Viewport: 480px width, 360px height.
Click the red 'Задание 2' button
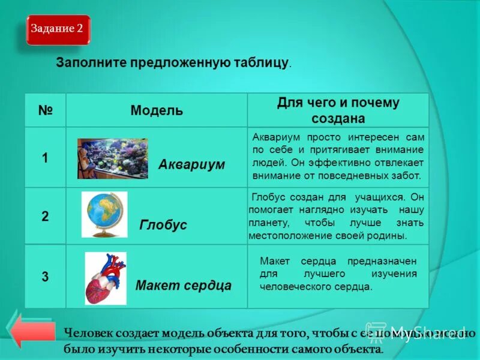58,29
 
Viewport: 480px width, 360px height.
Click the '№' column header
46,110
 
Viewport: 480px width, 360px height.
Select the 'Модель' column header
157,110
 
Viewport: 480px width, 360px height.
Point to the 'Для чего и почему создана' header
338,110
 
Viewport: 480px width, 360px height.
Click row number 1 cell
45,158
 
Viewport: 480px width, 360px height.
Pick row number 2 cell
45,217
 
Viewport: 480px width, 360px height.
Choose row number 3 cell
45,277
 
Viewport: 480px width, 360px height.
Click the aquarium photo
112,158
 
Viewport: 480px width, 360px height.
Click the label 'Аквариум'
191,164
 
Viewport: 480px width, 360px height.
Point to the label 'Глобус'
163,225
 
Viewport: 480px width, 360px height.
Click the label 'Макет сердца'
184,285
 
